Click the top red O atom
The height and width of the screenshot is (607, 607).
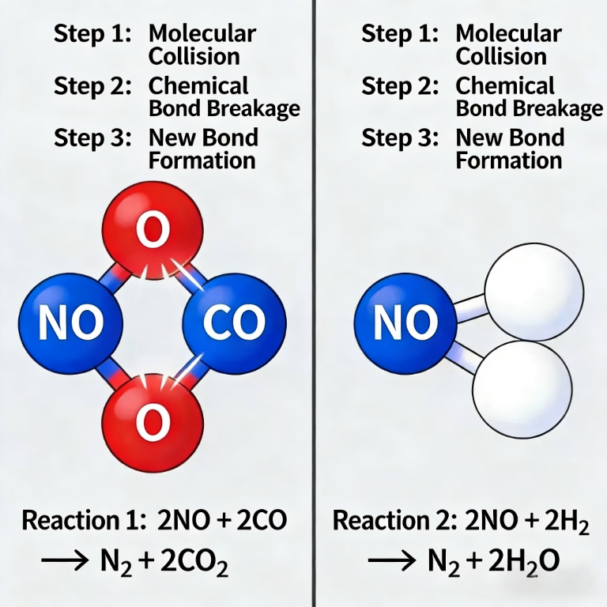point(153,230)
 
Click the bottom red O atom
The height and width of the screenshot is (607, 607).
point(153,422)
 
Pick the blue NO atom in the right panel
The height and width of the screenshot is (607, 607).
point(405,322)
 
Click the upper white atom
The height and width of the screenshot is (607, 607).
point(533,286)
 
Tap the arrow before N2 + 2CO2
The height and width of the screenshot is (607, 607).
point(66,561)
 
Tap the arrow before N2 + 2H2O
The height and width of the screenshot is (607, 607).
point(394,561)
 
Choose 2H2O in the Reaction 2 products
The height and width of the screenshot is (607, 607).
point(522,563)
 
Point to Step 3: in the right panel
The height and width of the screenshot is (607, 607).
point(399,138)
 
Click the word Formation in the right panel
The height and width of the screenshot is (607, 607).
point(509,160)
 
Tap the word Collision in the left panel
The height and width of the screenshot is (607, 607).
point(194,57)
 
